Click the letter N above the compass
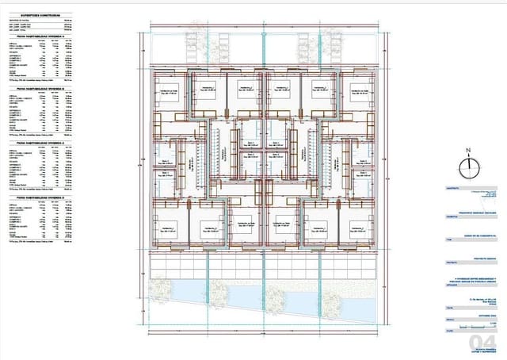tap(468, 150)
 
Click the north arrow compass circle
tap(468, 164)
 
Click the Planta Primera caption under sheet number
tap(480, 349)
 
